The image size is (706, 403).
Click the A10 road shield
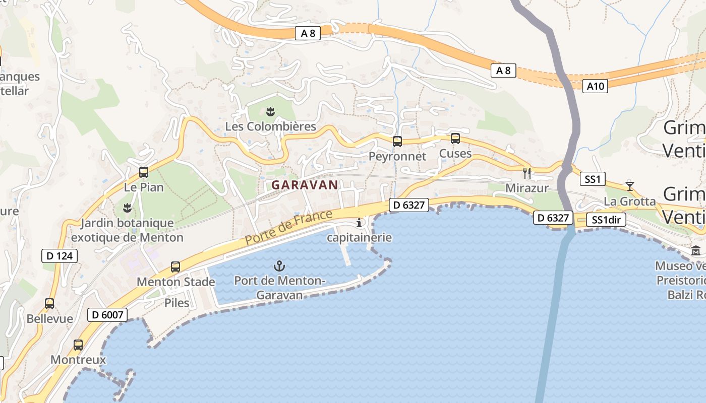point(595,86)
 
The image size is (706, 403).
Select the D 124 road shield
point(60,256)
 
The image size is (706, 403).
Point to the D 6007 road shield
point(107,315)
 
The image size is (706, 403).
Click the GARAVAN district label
point(305,185)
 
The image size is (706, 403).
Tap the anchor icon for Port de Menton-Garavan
point(279,265)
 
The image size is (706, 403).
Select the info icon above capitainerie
point(359,223)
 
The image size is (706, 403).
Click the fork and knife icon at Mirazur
point(527,173)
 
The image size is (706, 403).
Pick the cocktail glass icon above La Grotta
point(629,186)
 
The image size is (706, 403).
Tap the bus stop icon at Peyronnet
point(397,141)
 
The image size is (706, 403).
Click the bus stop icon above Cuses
point(455,138)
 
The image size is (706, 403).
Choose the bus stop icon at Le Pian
point(144,172)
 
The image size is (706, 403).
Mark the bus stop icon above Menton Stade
point(175,267)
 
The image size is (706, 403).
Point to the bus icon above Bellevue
point(49,304)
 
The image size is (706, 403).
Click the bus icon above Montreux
point(78,345)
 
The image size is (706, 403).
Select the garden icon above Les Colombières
point(271,111)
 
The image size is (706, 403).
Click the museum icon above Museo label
point(696,250)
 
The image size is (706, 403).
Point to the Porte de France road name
point(289,228)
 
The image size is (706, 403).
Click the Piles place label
point(177,303)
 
